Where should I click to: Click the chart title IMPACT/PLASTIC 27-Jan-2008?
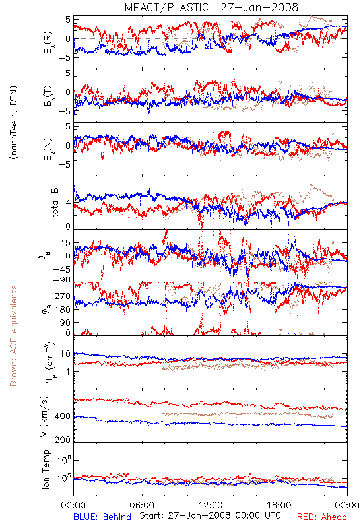click(210, 7)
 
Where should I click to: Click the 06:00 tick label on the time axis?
click(142, 505)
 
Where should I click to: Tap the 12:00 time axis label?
click(211, 505)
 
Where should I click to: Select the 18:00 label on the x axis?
click(279, 505)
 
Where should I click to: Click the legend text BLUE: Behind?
click(102, 517)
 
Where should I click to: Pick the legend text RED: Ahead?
click(321, 517)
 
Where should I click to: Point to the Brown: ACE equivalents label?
click(13, 336)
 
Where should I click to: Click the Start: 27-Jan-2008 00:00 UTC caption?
click(210, 515)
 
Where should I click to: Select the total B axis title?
click(55, 203)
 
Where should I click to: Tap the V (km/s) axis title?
click(44, 416)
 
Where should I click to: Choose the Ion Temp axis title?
click(46, 469)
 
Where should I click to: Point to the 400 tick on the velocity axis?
click(62, 416)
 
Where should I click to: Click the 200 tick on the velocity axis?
click(62, 439)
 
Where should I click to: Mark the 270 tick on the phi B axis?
click(62, 296)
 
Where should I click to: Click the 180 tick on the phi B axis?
click(62, 309)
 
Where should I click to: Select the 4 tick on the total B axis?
click(68, 203)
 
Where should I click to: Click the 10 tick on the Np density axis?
click(65, 354)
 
